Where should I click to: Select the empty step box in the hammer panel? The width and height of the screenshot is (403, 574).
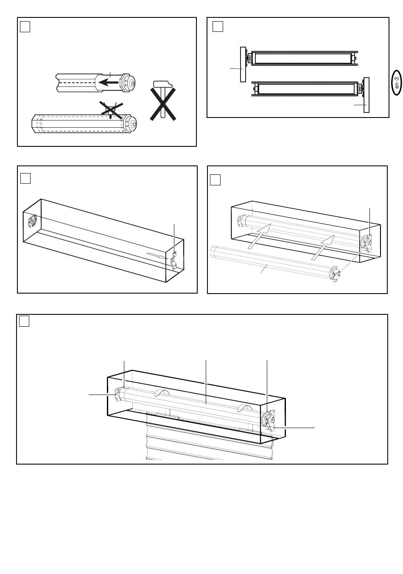pos(25,27)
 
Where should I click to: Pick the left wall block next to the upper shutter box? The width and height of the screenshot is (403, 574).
pos(243,64)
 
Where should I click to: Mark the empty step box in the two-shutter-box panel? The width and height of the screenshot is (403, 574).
pos(217,27)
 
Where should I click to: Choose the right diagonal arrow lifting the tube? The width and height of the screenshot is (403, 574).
pos(322,248)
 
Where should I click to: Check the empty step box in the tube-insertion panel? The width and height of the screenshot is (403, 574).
pos(215,180)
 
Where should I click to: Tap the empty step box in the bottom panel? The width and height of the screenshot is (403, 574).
pos(25,322)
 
